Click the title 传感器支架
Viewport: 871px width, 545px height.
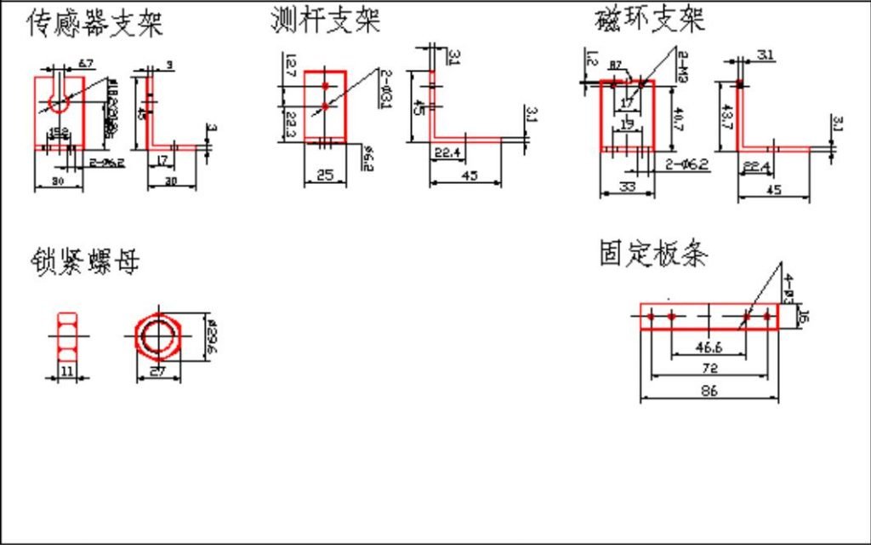point(94,24)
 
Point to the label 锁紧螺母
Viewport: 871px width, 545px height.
point(85,261)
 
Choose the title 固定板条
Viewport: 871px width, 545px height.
point(653,253)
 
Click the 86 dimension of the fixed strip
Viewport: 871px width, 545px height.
point(708,391)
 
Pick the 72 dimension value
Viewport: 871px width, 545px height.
point(709,368)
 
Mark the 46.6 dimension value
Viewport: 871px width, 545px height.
point(708,347)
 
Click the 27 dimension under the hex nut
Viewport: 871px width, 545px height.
point(157,372)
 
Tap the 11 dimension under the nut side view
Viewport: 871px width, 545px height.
point(67,371)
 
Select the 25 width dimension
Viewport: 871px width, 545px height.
point(325,175)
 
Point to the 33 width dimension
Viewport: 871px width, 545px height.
point(627,186)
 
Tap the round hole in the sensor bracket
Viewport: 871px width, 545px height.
point(59,103)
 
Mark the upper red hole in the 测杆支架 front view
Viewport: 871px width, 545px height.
point(325,86)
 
